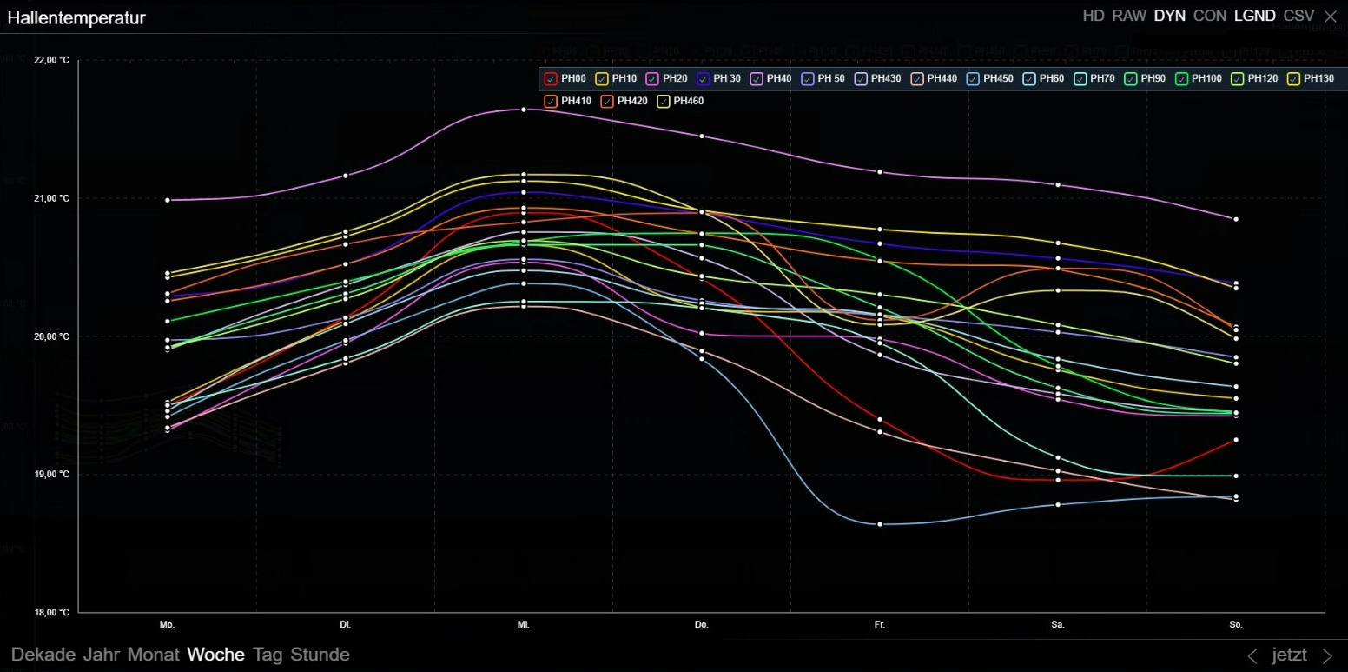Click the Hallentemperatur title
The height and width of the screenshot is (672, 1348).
click(x=76, y=17)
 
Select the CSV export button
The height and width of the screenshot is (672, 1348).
click(x=1298, y=16)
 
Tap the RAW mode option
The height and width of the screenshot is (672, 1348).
click(x=1129, y=16)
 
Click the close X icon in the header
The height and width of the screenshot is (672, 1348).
click(x=1331, y=16)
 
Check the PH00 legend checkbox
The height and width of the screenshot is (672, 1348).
click(x=551, y=79)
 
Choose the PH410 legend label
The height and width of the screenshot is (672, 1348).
click(x=576, y=102)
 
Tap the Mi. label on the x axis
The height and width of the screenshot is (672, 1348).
click(x=524, y=625)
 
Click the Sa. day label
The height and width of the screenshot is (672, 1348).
click(x=1058, y=625)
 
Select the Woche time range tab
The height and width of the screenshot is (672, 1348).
click(x=215, y=655)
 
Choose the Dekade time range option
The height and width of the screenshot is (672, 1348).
click(x=43, y=655)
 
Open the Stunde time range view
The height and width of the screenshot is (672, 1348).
click(x=320, y=655)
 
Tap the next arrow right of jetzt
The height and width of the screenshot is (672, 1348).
click(x=1326, y=655)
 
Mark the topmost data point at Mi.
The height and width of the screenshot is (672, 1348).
click(x=524, y=110)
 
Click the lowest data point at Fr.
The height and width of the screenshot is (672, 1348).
click(x=880, y=524)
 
